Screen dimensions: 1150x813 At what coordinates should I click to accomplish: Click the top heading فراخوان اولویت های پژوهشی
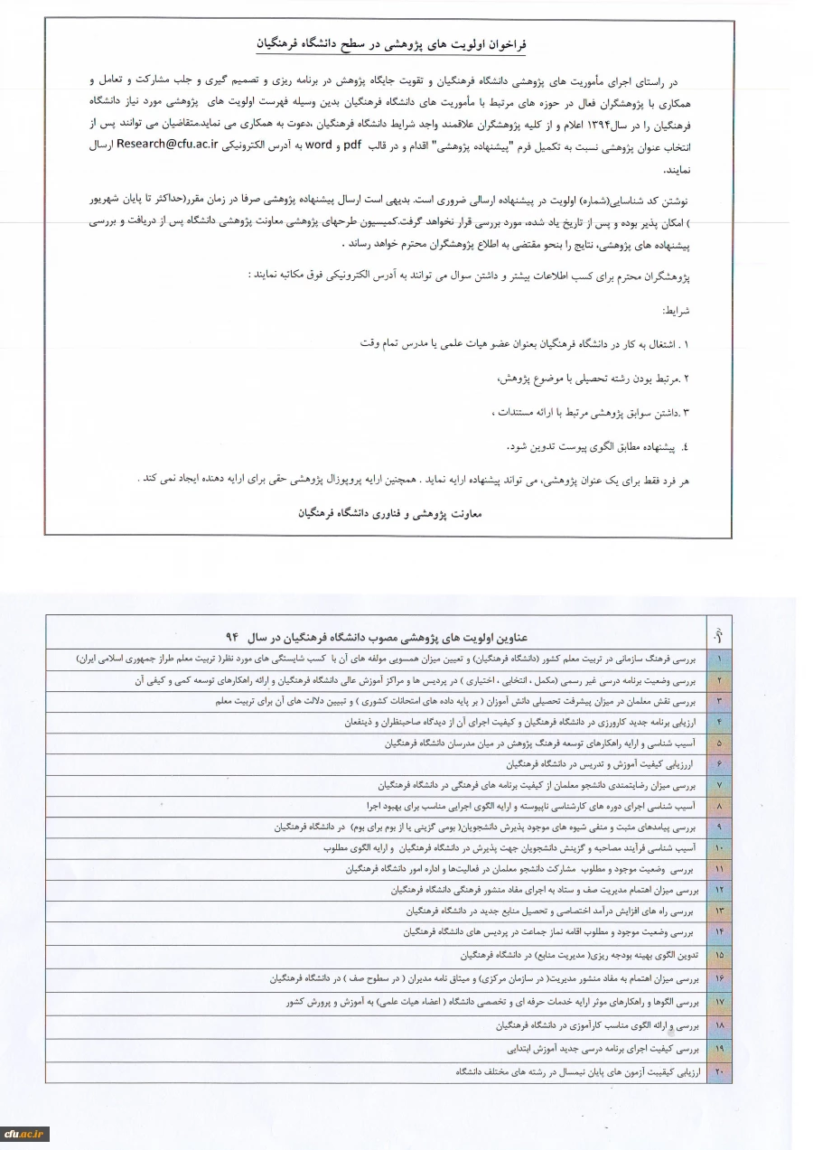(x=390, y=43)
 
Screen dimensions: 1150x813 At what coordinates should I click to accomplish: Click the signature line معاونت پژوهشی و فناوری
(x=390, y=511)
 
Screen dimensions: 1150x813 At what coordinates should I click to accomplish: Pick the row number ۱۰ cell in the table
(x=718, y=848)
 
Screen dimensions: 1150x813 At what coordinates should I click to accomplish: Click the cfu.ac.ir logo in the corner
(x=25, y=1135)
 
